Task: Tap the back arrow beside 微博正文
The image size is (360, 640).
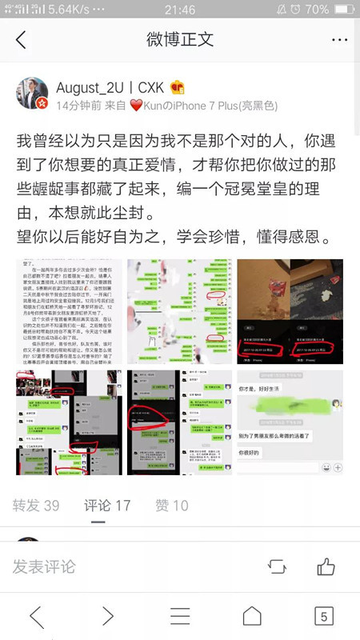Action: tap(22, 39)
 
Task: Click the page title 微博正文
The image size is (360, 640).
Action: tap(179, 39)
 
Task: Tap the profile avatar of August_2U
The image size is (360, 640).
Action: tap(33, 94)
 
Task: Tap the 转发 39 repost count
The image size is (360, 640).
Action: tap(36, 506)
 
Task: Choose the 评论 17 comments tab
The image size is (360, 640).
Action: tap(107, 506)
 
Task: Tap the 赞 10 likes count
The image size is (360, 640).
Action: tap(172, 506)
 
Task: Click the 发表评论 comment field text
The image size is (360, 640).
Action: tap(44, 566)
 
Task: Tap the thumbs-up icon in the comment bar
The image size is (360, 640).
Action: tap(326, 566)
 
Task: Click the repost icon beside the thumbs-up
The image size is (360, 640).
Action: tap(277, 566)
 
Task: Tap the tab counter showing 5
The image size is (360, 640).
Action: tap(323, 615)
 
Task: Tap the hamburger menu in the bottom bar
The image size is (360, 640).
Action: tap(180, 615)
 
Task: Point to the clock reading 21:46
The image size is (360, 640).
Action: tap(179, 9)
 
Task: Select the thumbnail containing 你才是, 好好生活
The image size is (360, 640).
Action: tap(290, 421)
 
